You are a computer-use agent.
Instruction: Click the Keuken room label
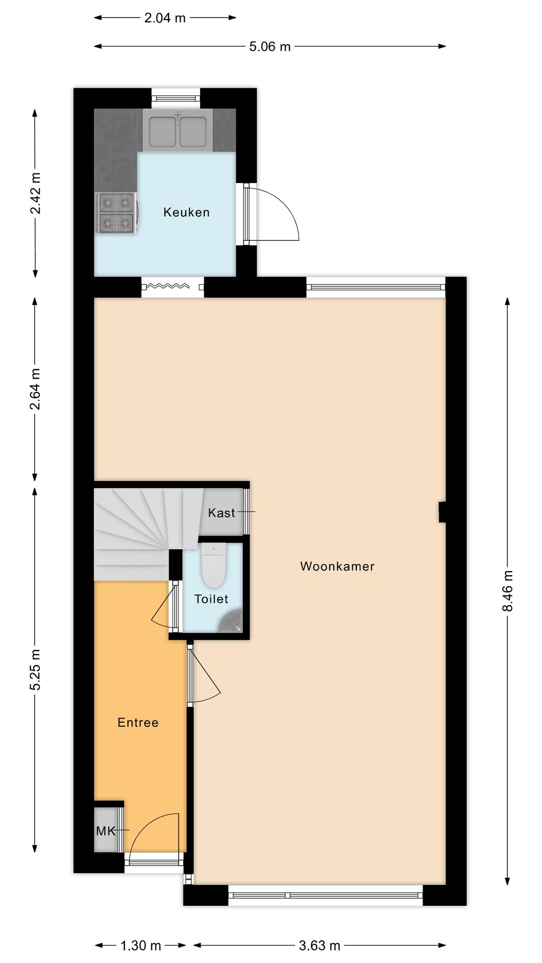click(186, 212)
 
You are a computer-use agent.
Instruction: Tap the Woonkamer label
click(337, 566)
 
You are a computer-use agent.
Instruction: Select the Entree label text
click(138, 722)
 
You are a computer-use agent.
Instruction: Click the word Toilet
click(211, 599)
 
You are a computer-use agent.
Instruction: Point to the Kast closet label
click(221, 513)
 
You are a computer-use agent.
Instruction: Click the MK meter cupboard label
click(106, 831)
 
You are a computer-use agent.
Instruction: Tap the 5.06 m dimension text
click(270, 47)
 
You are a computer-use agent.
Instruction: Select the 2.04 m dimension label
click(165, 18)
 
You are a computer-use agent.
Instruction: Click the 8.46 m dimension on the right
click(507, 591)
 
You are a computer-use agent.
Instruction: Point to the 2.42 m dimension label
click(35, 193)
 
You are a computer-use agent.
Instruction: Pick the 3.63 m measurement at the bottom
click(320, 945)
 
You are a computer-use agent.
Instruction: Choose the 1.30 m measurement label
click(141, 945)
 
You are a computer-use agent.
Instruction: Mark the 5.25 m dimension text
click(35, 670)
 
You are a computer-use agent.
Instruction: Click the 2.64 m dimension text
click(35, 389)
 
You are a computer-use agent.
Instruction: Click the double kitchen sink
click(178, 131)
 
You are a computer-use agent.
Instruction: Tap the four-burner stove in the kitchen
click(116, 214)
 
